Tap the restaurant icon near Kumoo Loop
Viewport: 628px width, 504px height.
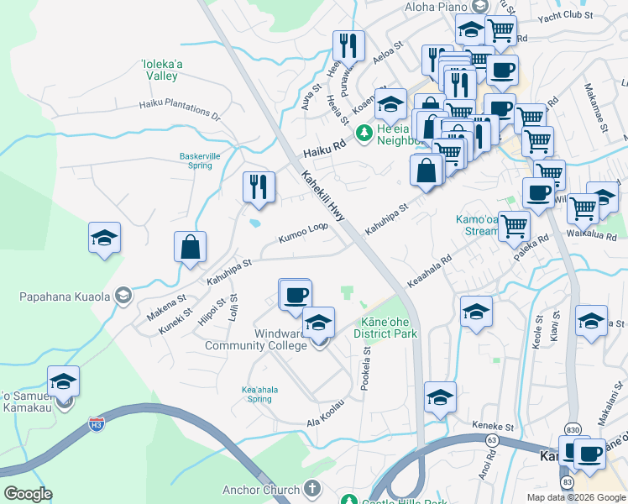click(x=259, y=186)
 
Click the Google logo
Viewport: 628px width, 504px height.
click(x=28, y=494)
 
